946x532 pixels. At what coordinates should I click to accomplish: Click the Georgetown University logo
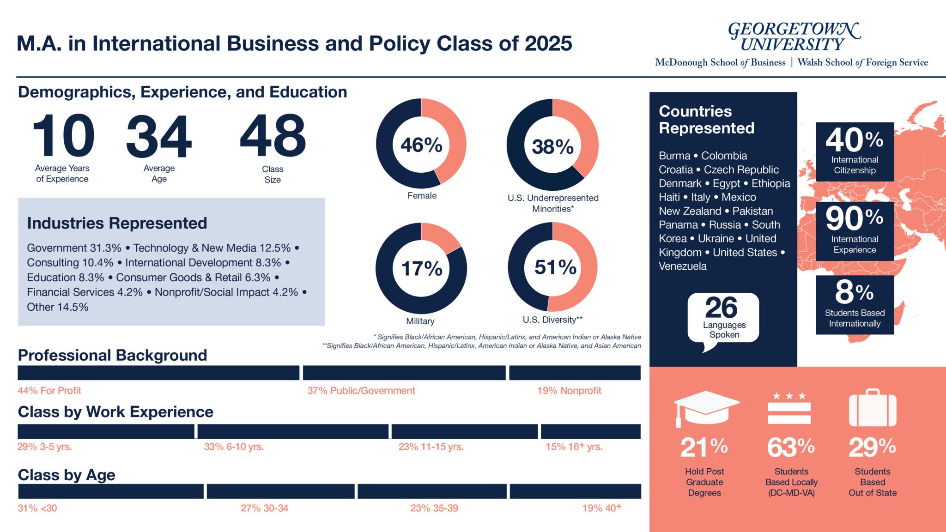point(794,37)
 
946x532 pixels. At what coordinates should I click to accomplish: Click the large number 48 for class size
point(273,136)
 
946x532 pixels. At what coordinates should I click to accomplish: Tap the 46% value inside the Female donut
point(421,145)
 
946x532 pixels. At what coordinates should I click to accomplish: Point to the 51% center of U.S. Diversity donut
point(555,267)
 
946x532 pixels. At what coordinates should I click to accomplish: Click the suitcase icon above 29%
point(872,408)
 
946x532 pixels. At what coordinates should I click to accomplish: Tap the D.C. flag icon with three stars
point(789,408)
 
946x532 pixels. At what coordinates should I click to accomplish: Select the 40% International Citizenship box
point(855,151)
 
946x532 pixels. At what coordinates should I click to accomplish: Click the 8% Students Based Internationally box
point(855,305)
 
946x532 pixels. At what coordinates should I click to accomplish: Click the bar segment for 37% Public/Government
point(404,373)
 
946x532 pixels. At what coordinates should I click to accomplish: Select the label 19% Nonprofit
point(569,391)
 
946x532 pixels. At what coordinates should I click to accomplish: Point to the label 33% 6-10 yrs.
point(234,447)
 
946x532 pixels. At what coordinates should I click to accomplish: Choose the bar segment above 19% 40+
point(575,491)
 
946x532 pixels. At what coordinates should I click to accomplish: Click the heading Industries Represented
point(117,224)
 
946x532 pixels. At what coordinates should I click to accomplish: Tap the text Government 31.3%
point(74,248)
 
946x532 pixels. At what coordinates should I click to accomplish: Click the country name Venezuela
point(682,266)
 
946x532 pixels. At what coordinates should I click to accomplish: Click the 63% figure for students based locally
point(790,447)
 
